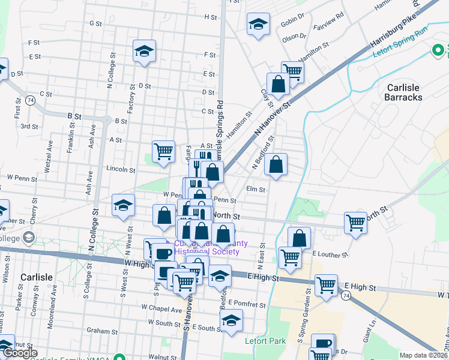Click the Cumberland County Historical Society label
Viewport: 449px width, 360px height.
tap(207, 247)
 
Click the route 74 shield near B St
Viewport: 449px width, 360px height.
tap(29, 101)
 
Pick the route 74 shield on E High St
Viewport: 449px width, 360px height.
tap(345, 296)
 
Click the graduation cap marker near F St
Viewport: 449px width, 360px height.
tap(144, 52)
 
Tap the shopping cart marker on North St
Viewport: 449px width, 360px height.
tap(355, 223)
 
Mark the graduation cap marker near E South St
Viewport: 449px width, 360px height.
tap(231, 320)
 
